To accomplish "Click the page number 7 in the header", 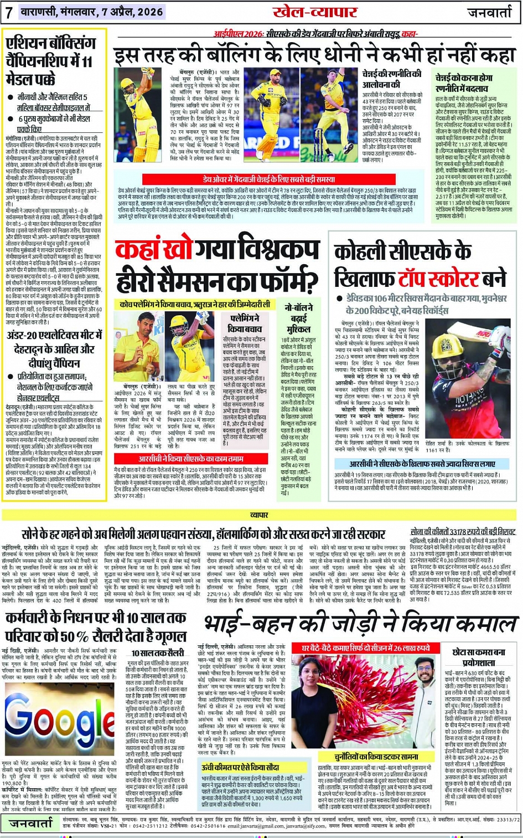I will (x=9, y=12).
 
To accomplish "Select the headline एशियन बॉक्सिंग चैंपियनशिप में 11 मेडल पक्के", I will (x=51, y=61).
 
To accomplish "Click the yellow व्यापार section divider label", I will (x=259, y=515).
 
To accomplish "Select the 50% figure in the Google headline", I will (x=109, y=637).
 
